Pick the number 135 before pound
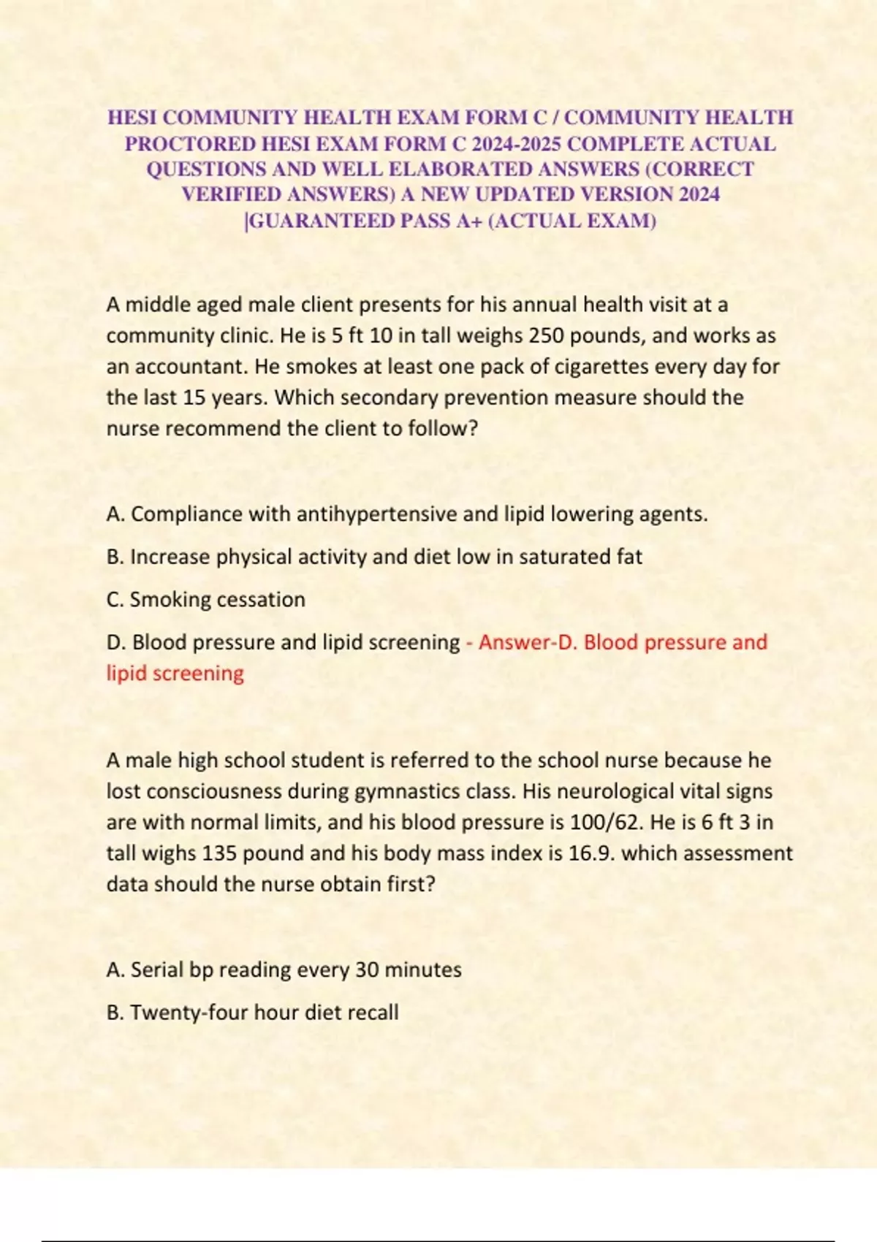click(219, 853)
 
